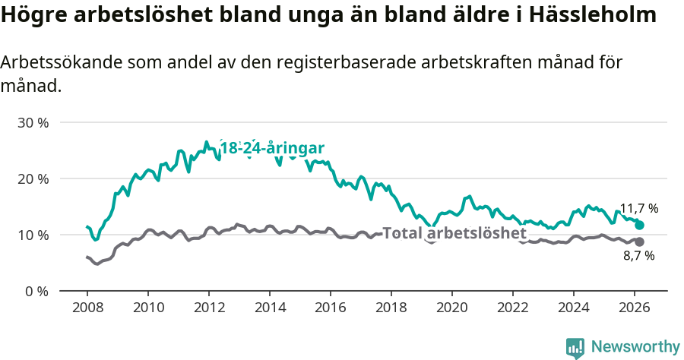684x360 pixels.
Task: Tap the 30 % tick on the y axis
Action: (x=33, y=122)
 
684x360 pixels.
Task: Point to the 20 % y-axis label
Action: (x=33, y=178)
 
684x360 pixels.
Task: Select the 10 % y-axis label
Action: (x=33, y=235)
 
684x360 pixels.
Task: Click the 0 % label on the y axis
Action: (x=36, y=291)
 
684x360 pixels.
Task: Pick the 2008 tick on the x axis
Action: (x=87, y=308)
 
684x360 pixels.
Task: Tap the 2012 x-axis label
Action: (x=209, y=308)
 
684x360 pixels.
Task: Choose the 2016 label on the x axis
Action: (x=331, y=308)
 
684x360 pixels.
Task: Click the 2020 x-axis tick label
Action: (x=452, y=308)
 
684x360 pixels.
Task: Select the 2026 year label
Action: (x=635, y=308)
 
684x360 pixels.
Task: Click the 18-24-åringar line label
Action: (x=272, y=149)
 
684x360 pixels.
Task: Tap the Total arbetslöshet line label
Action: (x=454, y=233)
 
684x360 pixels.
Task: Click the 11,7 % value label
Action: (x=638, y=208)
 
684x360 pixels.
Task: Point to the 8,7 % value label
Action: (x=638, y=256)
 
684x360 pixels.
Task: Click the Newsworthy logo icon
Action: (x=575, y=348)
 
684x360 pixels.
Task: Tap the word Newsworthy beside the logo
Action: (x=635, y=347)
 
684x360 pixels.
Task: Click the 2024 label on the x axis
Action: (x=574, y=308)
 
